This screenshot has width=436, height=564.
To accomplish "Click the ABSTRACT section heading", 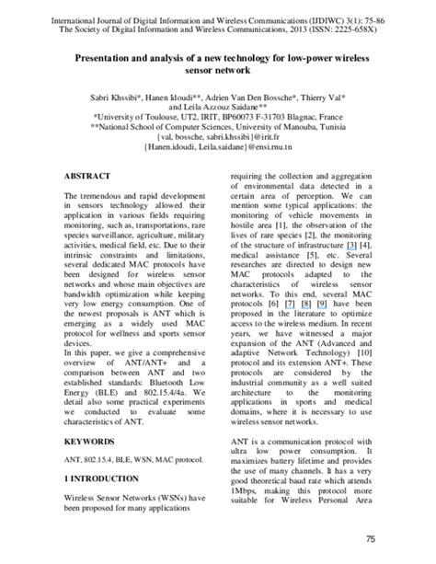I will click(89, 175).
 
